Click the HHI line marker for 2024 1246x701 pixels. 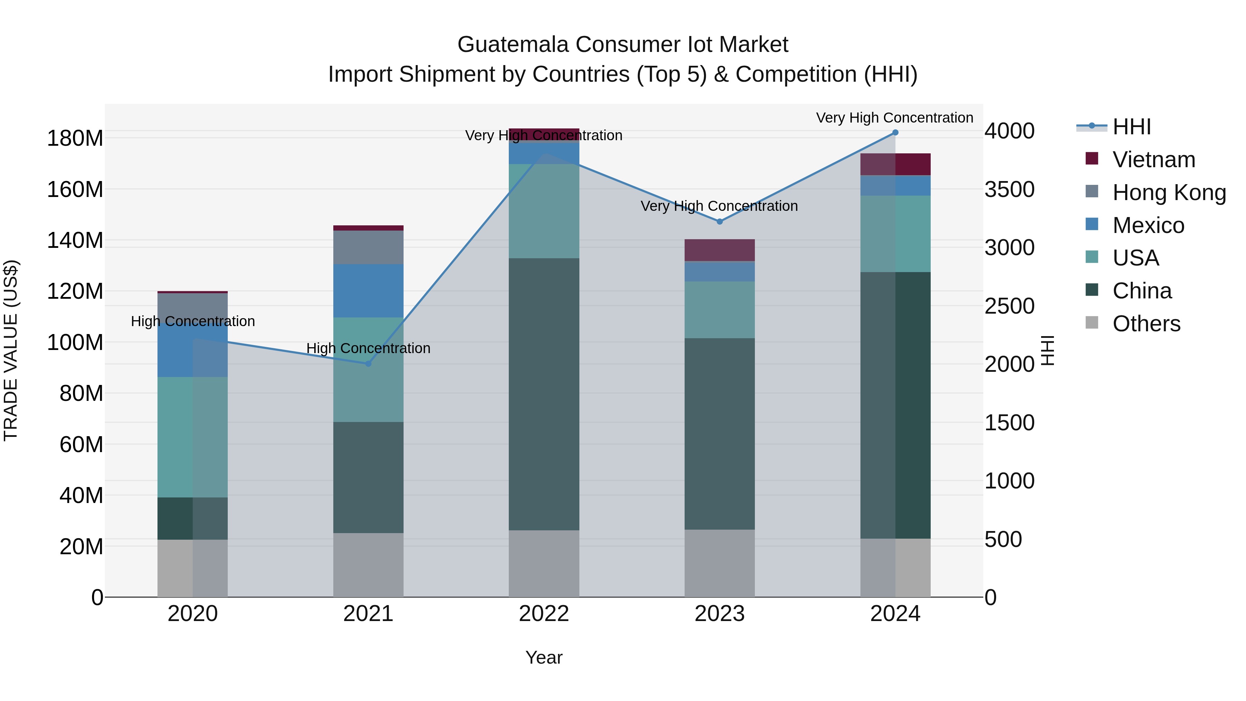coord(895,133)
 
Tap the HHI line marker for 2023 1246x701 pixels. coord(719,222)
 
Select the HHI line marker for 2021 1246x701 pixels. coord(368,364)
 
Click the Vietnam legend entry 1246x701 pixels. coord(1153,160)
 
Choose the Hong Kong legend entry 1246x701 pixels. coord(1168,192)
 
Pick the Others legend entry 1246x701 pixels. coord(1146,324)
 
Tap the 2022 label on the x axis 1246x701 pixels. coord(544,614)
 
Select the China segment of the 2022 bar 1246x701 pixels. coord(544,394)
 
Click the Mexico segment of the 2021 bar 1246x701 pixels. coord(368,291)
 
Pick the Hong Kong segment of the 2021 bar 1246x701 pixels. coord(368,247)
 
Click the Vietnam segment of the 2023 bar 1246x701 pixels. coord(719,250)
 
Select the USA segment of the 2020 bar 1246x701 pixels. coord(192,437)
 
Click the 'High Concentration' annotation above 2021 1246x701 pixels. coord(368,348)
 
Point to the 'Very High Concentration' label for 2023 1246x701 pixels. coord(719,206)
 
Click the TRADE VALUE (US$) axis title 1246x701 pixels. coord(11,350)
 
